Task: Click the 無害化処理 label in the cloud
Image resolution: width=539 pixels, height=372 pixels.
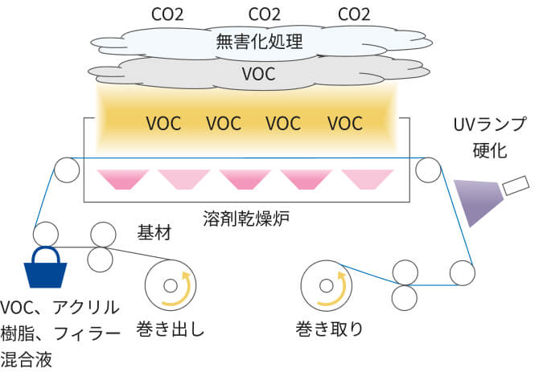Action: pos(259,42)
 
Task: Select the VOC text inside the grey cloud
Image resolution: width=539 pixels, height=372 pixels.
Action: pos(259,74)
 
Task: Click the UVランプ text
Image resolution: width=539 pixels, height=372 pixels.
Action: pos(490,126)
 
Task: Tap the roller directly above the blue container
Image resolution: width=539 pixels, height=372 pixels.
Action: pos(47,235)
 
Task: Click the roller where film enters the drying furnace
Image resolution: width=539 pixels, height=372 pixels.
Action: pos(66,171)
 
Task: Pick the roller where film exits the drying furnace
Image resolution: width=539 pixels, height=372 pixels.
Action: pos(427,171)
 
